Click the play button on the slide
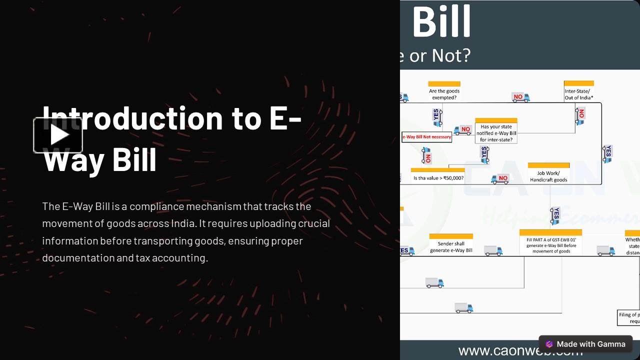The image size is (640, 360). (58, 135)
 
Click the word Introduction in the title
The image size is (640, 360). (132, 118)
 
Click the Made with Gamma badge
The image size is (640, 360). (585, 344)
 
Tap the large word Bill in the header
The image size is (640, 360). (441, 21)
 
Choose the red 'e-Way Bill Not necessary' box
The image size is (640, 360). (426, 136)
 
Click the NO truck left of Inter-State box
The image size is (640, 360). (520, 97)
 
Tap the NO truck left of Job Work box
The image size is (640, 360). (500, 178)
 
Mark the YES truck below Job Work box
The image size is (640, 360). (554, 215)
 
